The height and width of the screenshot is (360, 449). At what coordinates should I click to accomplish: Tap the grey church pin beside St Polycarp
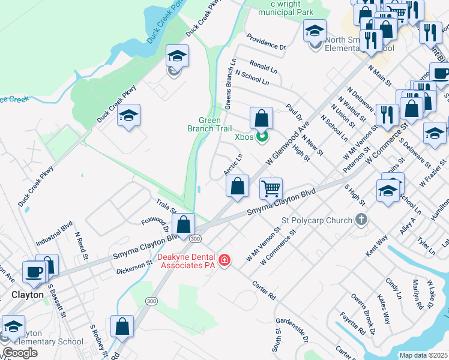(x=361, y=220)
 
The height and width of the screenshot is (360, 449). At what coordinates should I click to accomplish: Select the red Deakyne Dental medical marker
(x=224, y=260)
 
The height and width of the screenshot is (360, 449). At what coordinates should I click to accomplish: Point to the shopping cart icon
(x=271, y=189)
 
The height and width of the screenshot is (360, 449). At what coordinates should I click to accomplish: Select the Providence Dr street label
(x=265, y=46)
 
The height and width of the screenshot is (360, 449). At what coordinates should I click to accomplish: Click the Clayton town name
(x=28, y=295)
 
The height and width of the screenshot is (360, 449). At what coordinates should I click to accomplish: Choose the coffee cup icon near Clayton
(x=34, y=272)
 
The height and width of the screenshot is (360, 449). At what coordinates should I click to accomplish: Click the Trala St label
(x=166, y=207)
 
